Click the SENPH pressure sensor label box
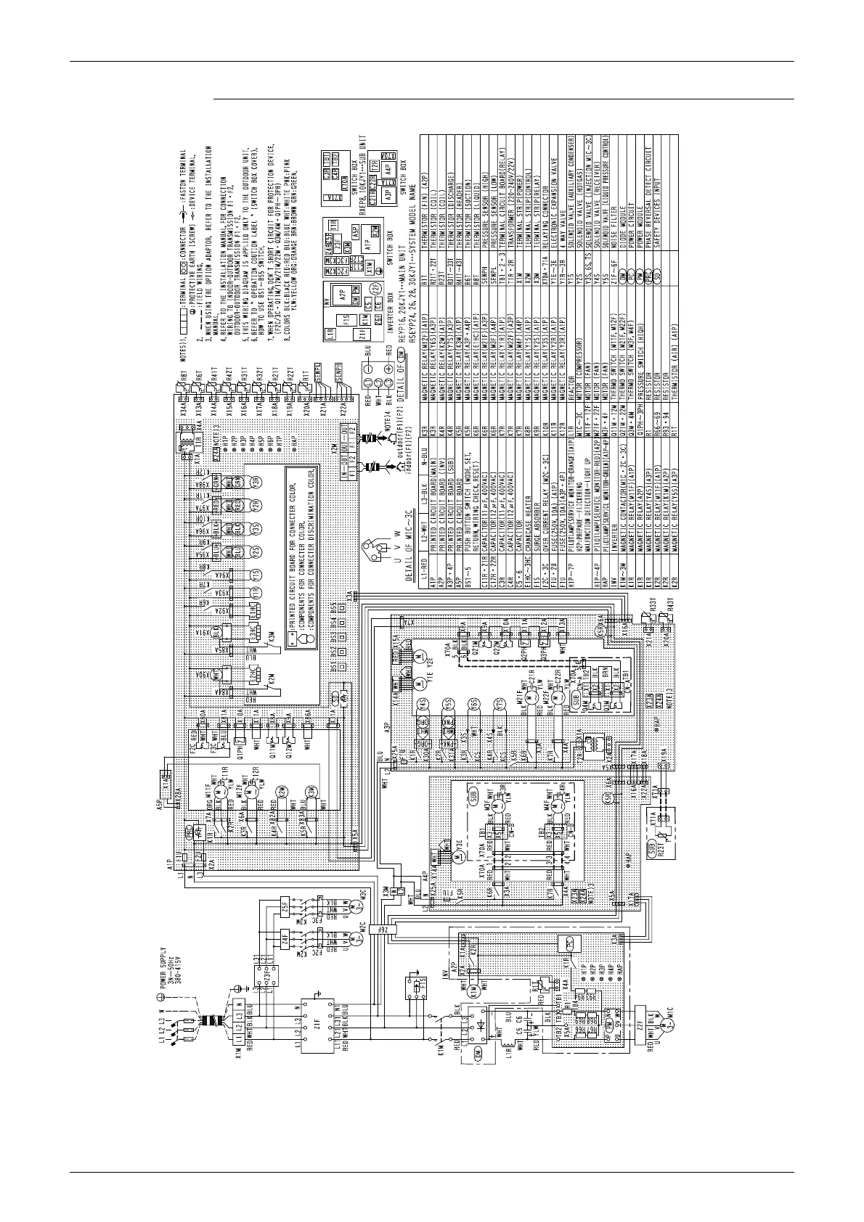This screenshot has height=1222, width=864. click(337, 372)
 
